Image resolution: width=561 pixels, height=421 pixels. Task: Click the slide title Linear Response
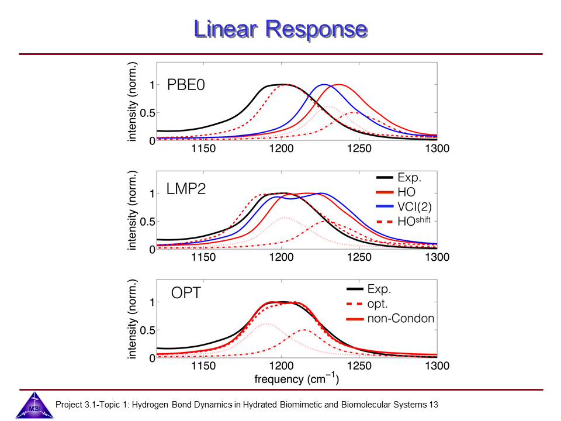[280, 29]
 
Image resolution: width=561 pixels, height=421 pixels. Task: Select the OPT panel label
[186, 293]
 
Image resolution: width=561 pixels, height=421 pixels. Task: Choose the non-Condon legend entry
[400, 319]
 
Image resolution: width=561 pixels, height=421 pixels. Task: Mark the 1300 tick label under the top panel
[437, 149]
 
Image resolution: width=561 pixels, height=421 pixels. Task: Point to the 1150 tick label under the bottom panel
[204, 366]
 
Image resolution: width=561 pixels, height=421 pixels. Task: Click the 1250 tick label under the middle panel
[359, 257]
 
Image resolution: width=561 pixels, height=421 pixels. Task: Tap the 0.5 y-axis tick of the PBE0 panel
[148, 113]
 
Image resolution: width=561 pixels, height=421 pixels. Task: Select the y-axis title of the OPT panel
[133, 322]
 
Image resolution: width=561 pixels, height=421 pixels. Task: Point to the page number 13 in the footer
[434, 404]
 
